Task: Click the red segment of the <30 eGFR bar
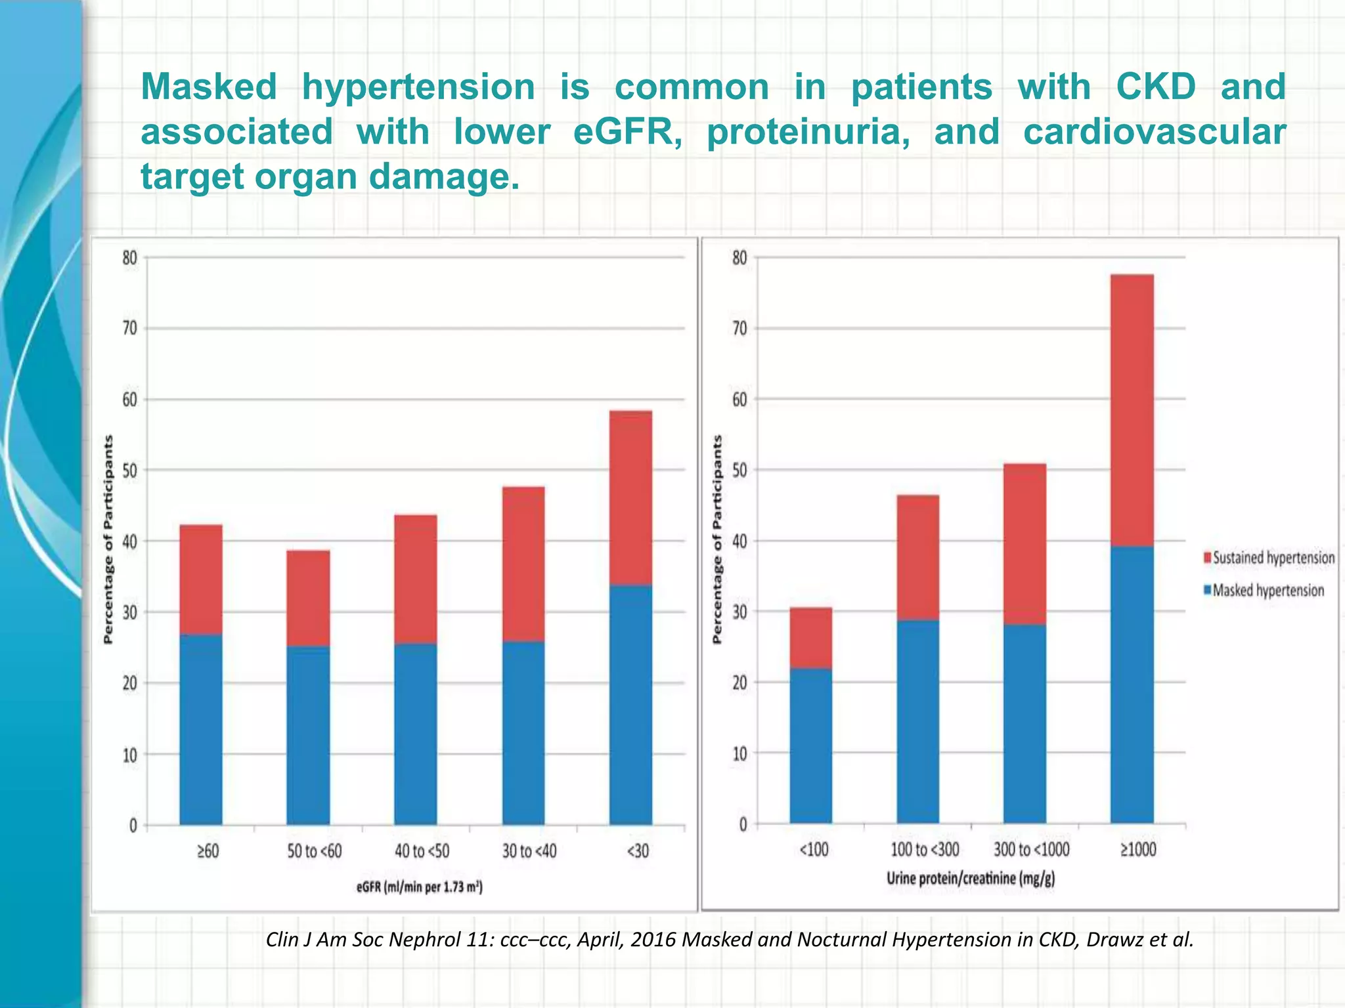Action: click(x=630, y=497)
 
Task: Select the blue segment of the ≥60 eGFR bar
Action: click(x=200, y=728)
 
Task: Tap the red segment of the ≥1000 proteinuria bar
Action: click(x=1132, y=410)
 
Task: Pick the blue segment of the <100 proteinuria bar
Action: click(x=810, y=745)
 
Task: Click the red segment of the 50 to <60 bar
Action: click(x=308, y=598)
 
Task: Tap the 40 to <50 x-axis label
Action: click(x=422, y=851)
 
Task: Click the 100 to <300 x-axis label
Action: click(x=924, y=850)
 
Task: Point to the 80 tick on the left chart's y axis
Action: click(x=129, y=258)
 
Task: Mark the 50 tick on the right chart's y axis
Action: click(x=739, y=470)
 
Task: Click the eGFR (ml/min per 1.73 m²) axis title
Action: click(x=420, y=888)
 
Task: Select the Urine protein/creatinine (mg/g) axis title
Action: click(x=970, y=878)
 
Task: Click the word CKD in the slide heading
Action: click(x=1155, y=87)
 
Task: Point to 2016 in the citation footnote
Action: click(x=653, y=940)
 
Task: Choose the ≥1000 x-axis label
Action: click(x=1137, y=850)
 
